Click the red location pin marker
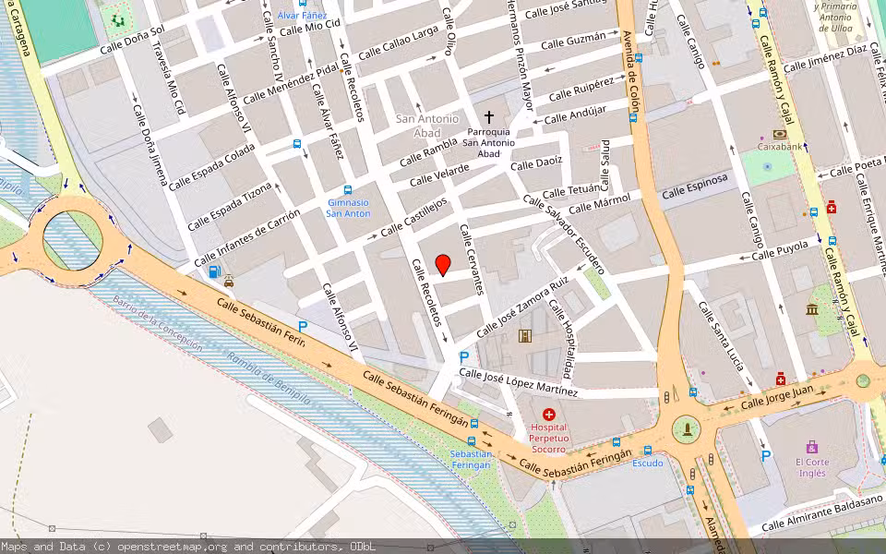443,264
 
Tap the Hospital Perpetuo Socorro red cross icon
549,415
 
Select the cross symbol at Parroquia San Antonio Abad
489,118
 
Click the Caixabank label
780,146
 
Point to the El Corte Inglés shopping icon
811,447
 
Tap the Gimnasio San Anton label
348,208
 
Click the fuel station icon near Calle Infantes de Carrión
214,271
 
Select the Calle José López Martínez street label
518,382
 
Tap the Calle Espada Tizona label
231,206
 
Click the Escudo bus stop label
647,463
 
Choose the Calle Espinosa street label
695,185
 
